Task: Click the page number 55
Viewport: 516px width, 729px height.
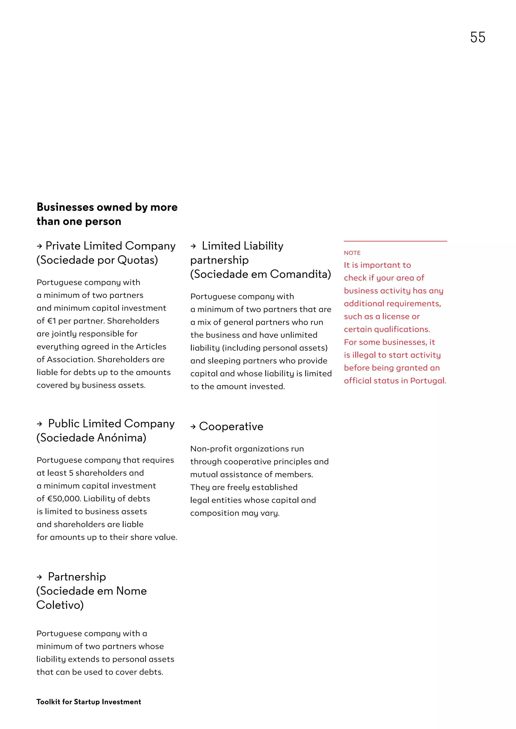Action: (x=477, y=38)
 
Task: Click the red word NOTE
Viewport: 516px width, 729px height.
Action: (x=352, y=253)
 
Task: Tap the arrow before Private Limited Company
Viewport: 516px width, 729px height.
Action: (x=39, y=246)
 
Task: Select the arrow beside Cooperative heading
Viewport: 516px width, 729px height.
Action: (x=193, y=427)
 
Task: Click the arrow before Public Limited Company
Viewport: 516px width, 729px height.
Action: (x=39, y=424)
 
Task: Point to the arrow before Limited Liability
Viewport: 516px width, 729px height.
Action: (x=193, y=246)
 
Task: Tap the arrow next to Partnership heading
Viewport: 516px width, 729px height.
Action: (x=39, y=577)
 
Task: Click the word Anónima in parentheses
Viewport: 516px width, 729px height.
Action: (x=123, y=438)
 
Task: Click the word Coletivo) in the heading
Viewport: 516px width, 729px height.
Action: (x=60, y=605)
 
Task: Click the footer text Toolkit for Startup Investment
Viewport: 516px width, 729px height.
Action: (x=89, y=702)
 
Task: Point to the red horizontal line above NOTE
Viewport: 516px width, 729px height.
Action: (x=395, y=241)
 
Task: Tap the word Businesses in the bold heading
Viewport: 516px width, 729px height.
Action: (x=65, y=207)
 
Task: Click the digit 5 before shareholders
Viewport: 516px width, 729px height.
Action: (x=71, y=473)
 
